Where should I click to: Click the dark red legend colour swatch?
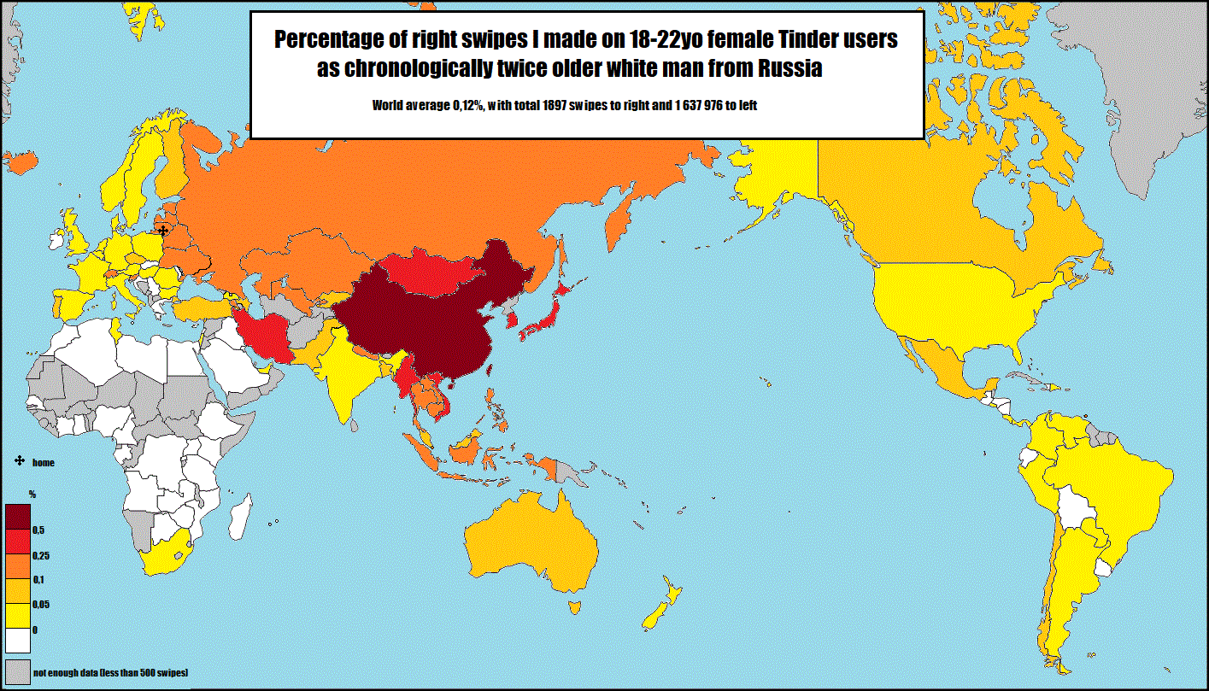click(18, 516)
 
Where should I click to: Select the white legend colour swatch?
click(17, 641)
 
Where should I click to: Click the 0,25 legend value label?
click(41, 556)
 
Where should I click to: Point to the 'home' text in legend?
click(44, 462)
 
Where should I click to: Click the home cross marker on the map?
click(163, 230)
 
